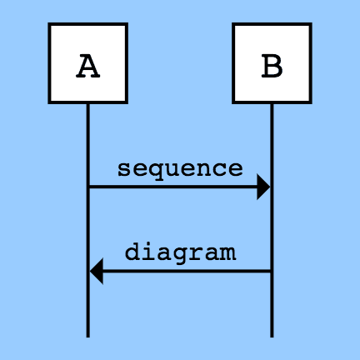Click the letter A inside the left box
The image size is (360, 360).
[x=87, y=66]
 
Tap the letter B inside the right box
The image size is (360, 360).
[x=272, y=66]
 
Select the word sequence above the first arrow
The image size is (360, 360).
[x=180, y=170]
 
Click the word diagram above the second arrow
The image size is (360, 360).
[x=180, y=253]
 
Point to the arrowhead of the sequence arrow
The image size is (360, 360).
[x=263, y=187]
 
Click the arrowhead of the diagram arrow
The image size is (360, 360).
[x=97, y=271]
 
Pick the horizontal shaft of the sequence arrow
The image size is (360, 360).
[x=172, y=187]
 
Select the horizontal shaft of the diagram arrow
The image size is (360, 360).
[x=187, y=271]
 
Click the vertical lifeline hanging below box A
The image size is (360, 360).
[x=87, y=221]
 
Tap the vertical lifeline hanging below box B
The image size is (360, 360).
[x=272, y=221]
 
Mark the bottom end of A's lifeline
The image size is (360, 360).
[x=87, y=337]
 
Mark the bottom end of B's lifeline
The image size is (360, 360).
[x=272, y=337]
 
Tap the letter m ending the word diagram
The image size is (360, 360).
[x=228, y=253]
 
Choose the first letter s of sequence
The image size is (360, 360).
[x=123, y=169]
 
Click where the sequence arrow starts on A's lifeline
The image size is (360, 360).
[x=88, y=187]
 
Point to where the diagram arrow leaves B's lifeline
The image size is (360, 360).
[x=272, y=271]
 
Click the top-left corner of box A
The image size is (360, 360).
[x=49, y=23]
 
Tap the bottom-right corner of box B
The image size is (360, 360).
[x=311, y=103]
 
